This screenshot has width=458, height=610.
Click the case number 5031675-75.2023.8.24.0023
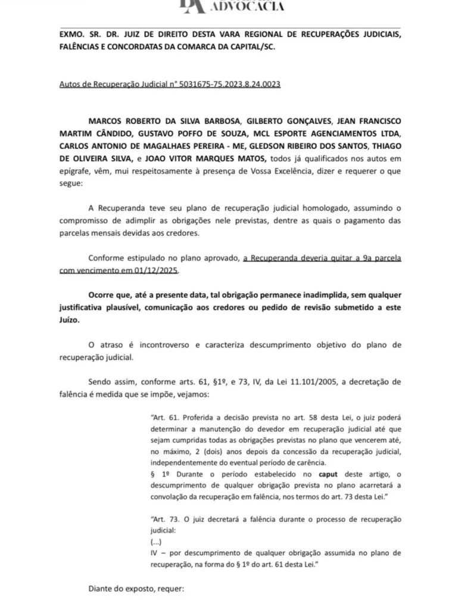[x=228, y=85]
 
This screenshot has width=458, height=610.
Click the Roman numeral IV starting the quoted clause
[x=155, y=553]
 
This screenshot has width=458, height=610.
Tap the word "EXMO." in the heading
[x=71, y=35]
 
